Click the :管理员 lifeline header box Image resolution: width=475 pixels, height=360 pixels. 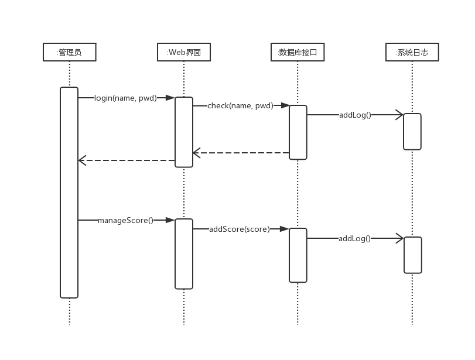click(x=69, y=52)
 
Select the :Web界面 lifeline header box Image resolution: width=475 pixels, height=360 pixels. click(x=184, y=52)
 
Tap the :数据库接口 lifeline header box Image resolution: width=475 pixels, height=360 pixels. click(x=298, y=52)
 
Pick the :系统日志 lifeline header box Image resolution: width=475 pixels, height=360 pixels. click(x=412, y=52)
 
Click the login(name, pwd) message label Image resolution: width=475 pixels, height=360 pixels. click(x=126, y=98)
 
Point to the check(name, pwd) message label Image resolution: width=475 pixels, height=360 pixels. click(x=240, y=106)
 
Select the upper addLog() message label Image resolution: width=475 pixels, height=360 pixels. click(x=355, y=115)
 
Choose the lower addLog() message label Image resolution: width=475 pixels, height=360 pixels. click(x=354, y=238)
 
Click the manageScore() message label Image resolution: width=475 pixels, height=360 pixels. click(x=125, y=221)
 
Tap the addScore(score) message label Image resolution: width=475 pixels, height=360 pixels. click(x=240, y=229)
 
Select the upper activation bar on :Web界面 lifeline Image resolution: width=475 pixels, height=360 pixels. click(x=184, y=132)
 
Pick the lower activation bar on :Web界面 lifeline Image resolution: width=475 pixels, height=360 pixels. click(x=184, y=253)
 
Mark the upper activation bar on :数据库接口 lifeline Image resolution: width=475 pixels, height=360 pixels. click(x=298, y=132)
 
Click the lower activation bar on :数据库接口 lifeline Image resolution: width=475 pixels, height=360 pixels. click(x=298, y=255)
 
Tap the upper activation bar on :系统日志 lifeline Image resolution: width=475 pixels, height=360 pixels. click(x=412, y=132)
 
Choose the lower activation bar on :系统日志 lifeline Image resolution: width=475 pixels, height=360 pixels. click(x=412, y=255)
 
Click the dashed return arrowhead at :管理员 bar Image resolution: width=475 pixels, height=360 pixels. click(x=82, y=160)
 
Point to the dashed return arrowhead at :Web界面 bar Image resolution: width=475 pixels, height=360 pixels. click(x=197, y=153)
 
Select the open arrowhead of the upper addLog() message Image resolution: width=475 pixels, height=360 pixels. click(x=400, y=115)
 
